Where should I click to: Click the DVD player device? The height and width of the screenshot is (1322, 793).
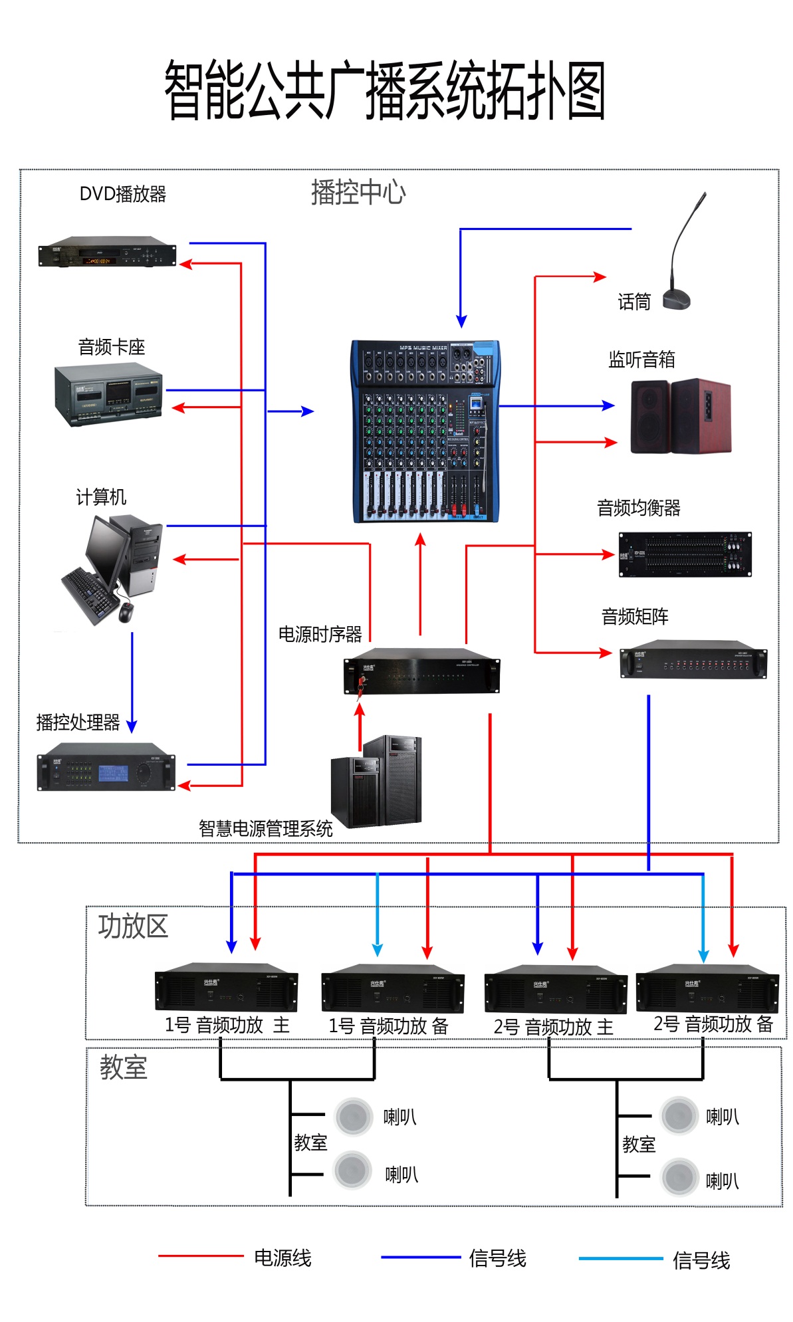click(x=107, y=252)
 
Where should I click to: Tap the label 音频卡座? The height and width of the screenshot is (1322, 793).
click(x=111, y=347)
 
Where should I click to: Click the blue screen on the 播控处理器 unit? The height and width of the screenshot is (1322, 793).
click(x=114, y=773)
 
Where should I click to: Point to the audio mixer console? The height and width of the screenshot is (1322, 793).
click(x=425, y=431)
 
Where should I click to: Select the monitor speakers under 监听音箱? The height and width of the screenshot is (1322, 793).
click(x=680, y=416)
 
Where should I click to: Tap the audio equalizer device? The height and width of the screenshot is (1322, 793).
click(x=685, y=554)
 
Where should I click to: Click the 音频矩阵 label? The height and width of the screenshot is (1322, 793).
click(x=635, y=617)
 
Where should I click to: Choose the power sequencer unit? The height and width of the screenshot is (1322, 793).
click(x=421, y=671)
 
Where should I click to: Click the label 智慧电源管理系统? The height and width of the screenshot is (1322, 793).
click(x=265, y=828)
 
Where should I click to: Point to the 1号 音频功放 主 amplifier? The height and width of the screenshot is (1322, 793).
click(x=226, y=987)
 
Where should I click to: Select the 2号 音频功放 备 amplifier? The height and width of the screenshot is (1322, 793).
click(x=707, y=988)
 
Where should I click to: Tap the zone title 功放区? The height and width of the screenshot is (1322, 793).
click(x=133, y=926)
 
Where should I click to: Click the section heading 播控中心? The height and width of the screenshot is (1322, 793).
click(x=358, y=192)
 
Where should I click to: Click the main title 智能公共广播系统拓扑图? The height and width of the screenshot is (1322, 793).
click(x=385, y=91)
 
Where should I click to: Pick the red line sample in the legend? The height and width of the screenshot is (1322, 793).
click(x=200, y=1256)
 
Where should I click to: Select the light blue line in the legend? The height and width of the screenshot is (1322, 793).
click(x=620, y=1258)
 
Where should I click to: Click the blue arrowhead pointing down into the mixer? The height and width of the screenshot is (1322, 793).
click(x=461, y=321)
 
